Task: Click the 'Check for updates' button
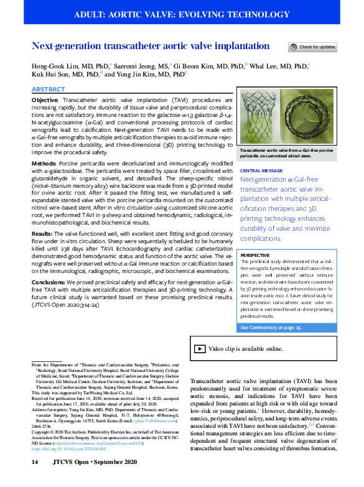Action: tap(312, 47)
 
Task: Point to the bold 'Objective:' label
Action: tap(45, 100)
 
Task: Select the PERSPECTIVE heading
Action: tap(255, 255)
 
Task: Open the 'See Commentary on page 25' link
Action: tap(271, 327)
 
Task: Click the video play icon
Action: tap(199, 349)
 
